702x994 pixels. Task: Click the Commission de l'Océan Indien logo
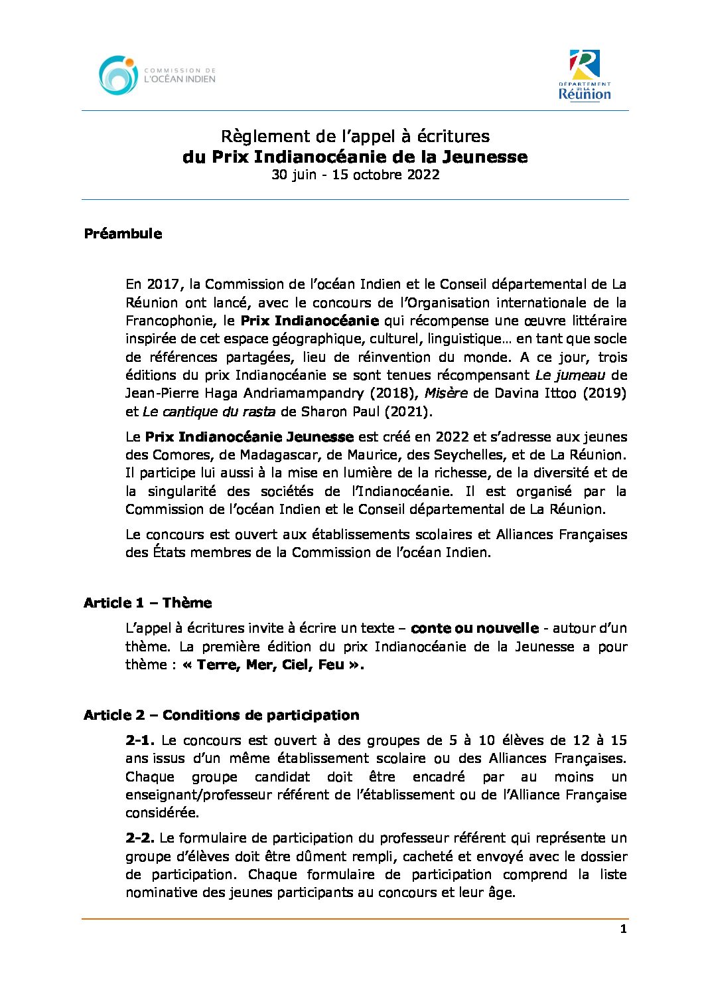pos(157,75)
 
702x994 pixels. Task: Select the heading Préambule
pos(123,234)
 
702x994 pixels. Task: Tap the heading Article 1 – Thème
pos(147,603)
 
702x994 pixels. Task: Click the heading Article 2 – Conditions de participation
pos(221,715)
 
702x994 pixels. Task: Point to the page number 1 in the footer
pos(622,929)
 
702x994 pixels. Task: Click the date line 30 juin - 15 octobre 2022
pos(355,175)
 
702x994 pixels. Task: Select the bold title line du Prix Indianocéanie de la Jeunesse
pos(355,157)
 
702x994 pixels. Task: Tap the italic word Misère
pos(446,393)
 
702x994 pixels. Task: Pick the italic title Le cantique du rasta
pos(209,411)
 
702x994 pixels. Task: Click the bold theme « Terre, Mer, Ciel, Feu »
pos(273,665)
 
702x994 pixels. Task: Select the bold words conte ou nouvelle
pos(474,628)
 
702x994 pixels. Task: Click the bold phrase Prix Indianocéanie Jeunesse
pos(249,437)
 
